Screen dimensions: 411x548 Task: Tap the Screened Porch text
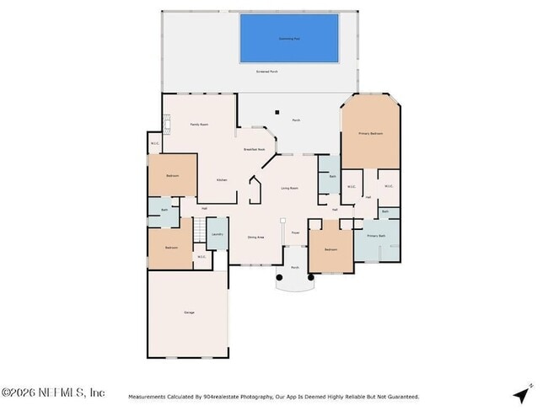tap(267, 72)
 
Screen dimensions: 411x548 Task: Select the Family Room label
tap(199, 125)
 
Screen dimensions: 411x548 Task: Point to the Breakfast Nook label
tap(255, 149)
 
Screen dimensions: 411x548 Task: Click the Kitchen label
tap(222, 180)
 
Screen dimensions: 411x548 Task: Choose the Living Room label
tap(289, 188)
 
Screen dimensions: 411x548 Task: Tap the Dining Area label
tap(256, 238)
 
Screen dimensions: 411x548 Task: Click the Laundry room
tap(217, 234)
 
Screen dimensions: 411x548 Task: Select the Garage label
tap(189, 312)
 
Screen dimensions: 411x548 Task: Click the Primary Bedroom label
tap(371, 134)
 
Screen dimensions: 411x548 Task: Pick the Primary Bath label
tap(376, 236)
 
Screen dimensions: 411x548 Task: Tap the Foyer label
tap(295, 232)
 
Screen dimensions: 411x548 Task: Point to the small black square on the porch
tap(277, 110)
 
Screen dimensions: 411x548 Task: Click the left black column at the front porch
tap(279, 276)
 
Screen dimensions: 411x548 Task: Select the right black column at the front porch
tap(311, 276)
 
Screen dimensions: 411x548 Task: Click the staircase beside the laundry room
tap(199, 230)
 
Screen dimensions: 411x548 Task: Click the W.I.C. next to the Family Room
tap(155, 143)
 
